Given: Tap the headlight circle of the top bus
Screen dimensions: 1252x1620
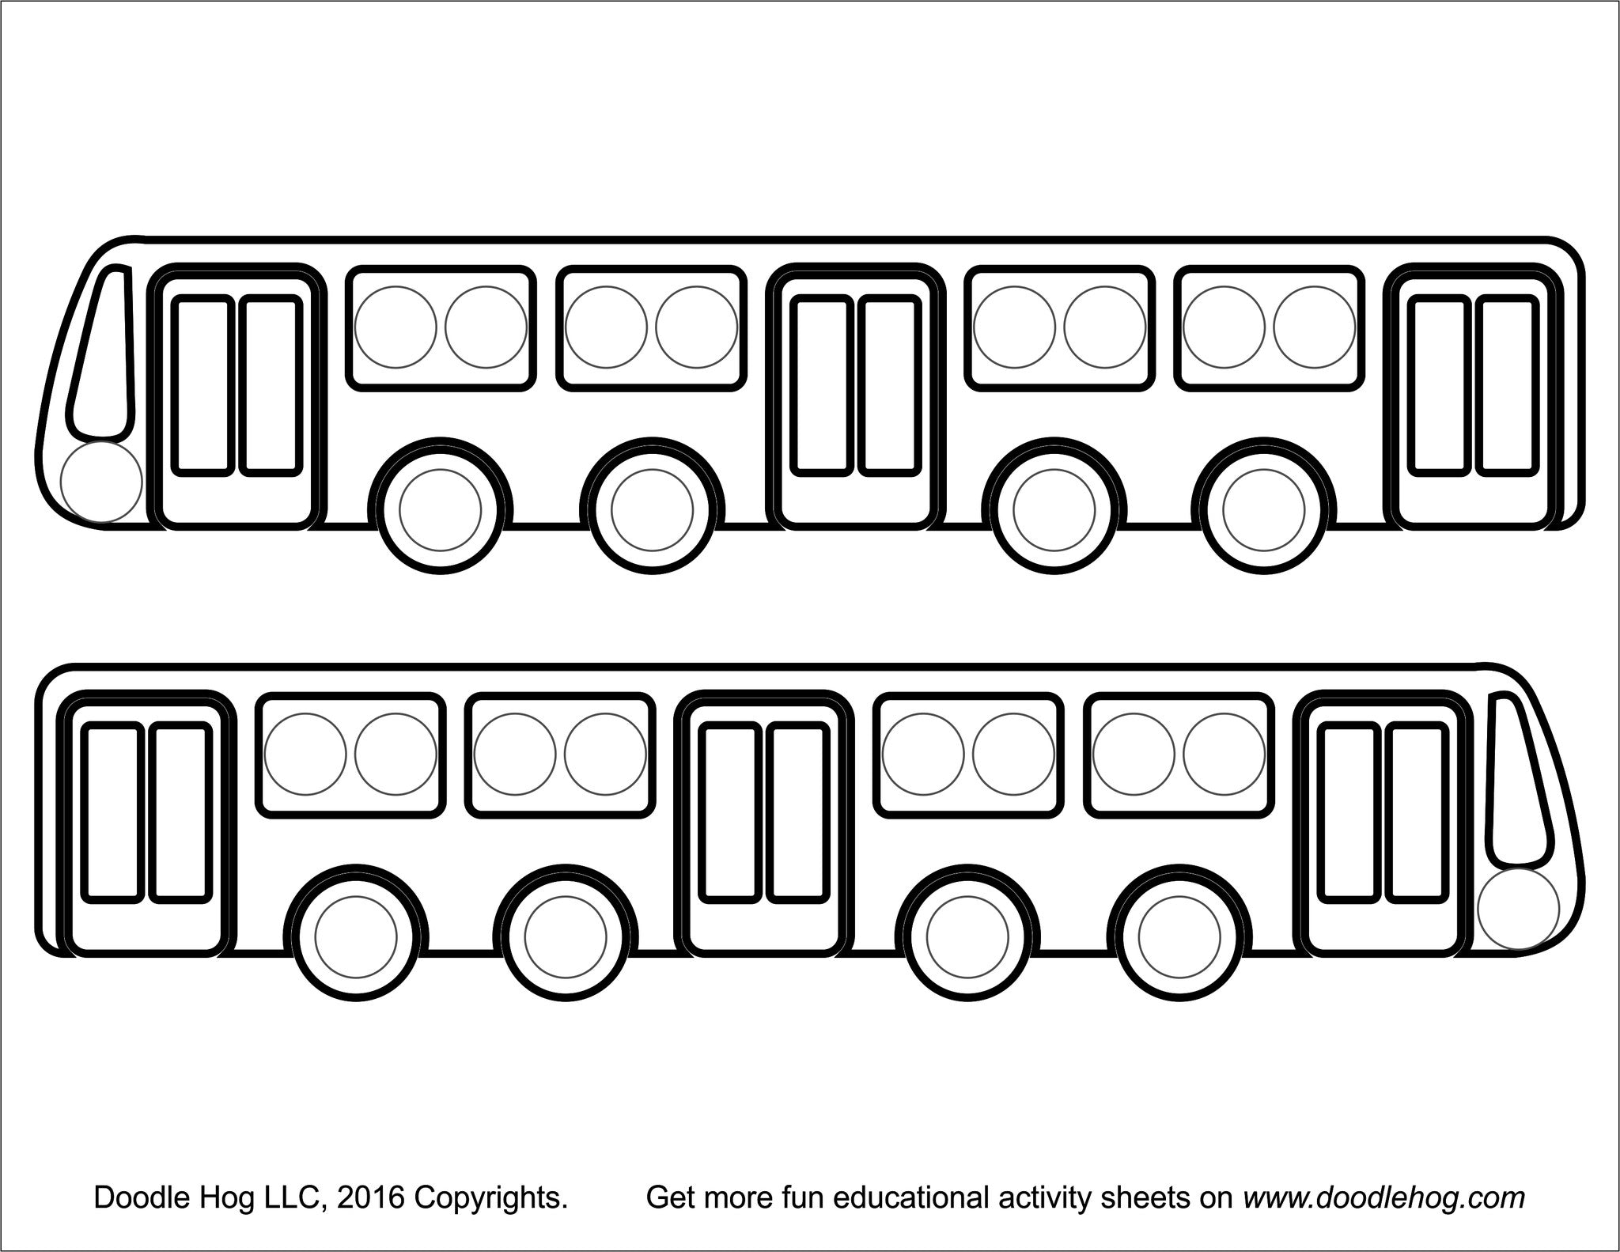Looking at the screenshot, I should pyautogui.click(x=101, y=482).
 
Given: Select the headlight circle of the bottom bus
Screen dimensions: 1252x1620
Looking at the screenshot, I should pyautogui.click(x=1518, y=909).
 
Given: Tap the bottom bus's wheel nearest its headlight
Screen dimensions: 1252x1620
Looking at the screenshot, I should pyautogui.click(x=1179, y=936).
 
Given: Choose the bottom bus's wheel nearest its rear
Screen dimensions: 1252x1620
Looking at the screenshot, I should pyautogui.click(x=355, y=936).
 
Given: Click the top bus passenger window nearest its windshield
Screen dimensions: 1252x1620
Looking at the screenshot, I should pyautogui.click(x=441, y=327).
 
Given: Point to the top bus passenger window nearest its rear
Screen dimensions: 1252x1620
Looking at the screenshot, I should pyautogui.click(x=1269, y=327).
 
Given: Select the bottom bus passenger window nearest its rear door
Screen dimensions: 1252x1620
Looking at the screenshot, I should pyautogui.click(x=350, y=755).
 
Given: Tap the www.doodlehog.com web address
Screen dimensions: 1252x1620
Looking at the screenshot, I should pyautogui.click(x=1383, y=1198).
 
